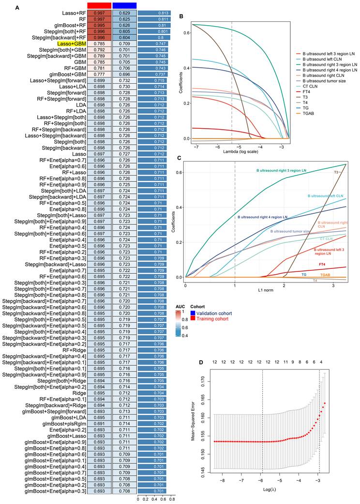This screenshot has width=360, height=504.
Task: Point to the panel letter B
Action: pos(181,16)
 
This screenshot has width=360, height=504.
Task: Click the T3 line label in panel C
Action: pos(336,172)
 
